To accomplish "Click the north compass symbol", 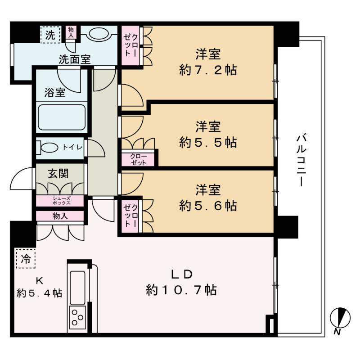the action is [340, 318].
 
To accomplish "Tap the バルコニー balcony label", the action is [301, 161].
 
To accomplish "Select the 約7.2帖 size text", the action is [208, 70].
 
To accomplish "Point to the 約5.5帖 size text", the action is [208, 142].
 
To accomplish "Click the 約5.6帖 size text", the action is [208, 206].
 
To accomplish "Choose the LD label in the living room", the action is [182, 274].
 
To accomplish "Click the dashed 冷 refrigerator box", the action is [26, 258].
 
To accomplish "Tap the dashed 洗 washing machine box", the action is [51, 35].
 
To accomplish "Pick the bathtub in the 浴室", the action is [62, 117].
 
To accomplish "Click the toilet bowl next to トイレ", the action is [48, 148].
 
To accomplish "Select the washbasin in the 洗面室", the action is [99, 34].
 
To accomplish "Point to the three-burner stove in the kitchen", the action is [77, 318].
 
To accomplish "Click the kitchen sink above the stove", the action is [77, 288].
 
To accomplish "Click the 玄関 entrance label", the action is [58, 174].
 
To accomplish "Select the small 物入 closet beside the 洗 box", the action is [71, 32].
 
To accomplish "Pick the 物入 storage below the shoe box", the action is [60, 216].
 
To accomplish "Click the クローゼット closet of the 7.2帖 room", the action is [130, 45].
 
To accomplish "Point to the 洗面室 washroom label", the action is [75, 60].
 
